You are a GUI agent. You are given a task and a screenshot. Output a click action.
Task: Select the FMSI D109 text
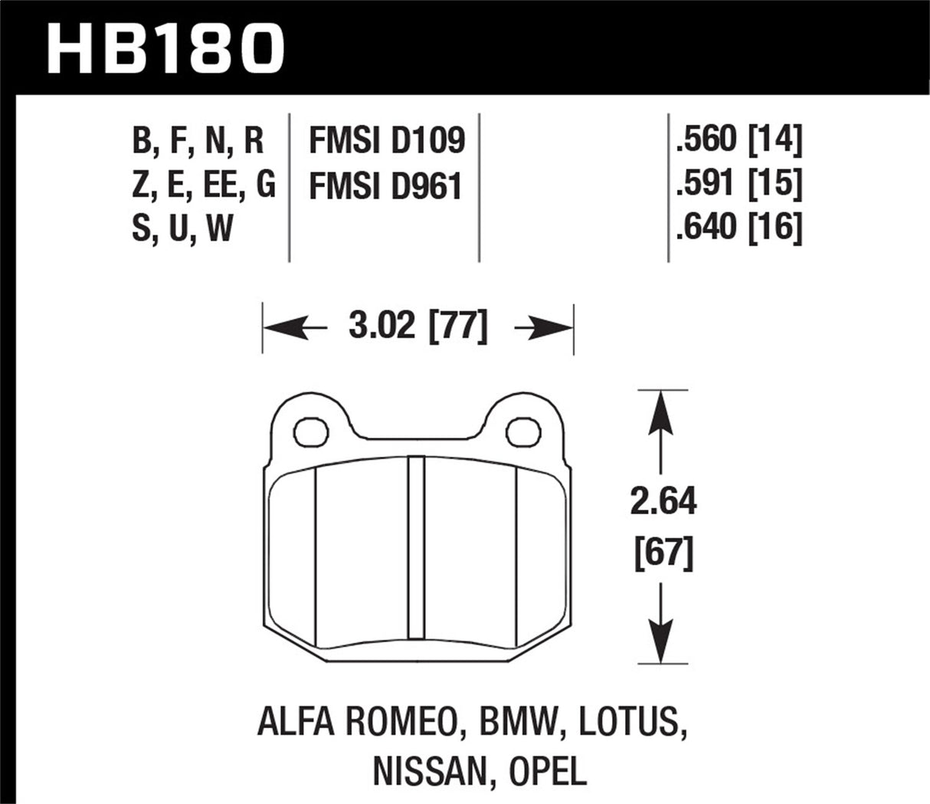point(386,141)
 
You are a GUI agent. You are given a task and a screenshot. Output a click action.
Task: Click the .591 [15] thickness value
point(738,184)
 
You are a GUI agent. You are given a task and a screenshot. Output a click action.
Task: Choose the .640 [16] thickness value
point(738,228)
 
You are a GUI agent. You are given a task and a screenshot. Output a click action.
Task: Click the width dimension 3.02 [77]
point(418,327)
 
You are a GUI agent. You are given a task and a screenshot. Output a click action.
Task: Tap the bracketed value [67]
point(663,553)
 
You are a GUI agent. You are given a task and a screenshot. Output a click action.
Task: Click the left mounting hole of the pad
point(311,430)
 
